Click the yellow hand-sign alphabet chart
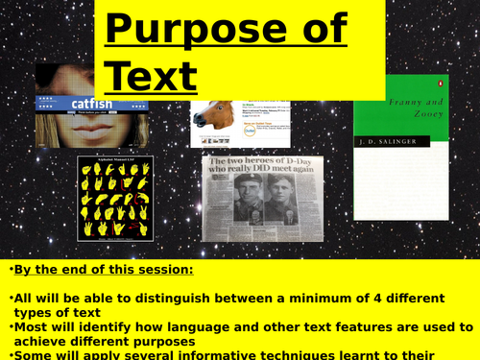[x=114, y=198]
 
